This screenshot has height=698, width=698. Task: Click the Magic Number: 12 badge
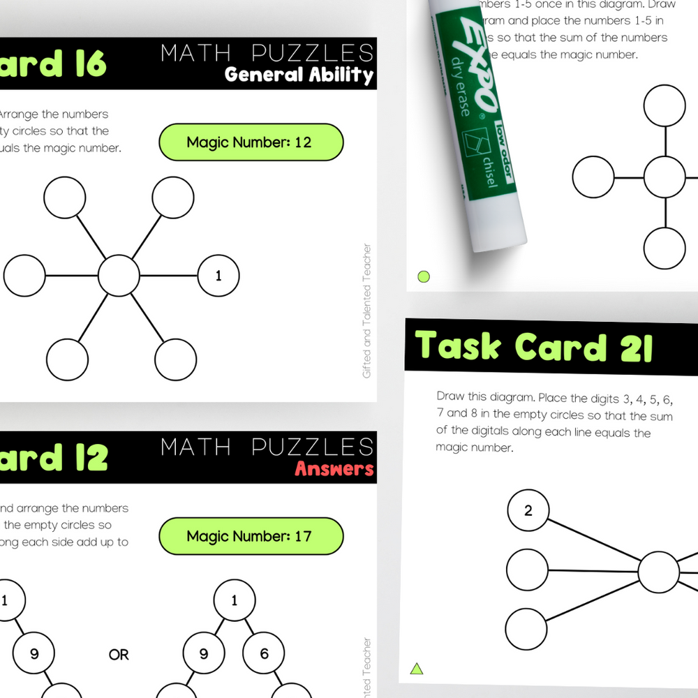[251, 142]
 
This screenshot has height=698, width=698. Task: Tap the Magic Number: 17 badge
[251, 536]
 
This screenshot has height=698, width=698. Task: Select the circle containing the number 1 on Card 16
[218, 276]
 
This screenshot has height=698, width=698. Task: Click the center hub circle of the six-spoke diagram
[119, 276]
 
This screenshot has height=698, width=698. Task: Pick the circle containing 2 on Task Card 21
[528, 510]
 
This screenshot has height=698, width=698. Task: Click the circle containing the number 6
[264, 654]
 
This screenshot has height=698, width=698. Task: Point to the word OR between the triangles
[119, 655]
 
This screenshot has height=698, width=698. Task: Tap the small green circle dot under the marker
[423, 276]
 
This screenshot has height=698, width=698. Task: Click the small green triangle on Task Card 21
[417, 669]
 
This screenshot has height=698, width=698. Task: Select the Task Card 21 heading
[534, 347]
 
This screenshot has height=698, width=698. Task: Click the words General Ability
[299, 75]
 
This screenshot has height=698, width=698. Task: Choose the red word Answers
[334, 468]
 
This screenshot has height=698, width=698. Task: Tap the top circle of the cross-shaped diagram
[664, 105]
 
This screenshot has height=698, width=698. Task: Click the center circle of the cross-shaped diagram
[664, 177]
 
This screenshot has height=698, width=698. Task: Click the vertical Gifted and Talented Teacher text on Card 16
[367, 311]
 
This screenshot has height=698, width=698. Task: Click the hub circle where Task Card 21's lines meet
[658, 572]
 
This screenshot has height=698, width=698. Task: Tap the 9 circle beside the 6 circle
[204, 654]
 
